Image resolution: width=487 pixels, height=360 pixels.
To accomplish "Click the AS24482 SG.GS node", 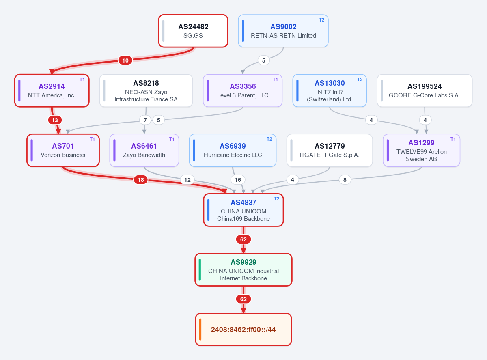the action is point(193,31).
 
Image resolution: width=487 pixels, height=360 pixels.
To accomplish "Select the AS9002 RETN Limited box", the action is point(283,31).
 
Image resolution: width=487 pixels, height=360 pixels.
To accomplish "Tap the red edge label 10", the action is point(125,60).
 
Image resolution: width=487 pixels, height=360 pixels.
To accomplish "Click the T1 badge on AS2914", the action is point(82,80).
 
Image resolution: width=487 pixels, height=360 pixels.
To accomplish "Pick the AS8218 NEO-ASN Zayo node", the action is point(146,91).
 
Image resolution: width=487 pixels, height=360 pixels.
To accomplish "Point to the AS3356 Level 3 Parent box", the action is point(243,91).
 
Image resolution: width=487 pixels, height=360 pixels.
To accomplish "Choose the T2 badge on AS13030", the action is point(360,80).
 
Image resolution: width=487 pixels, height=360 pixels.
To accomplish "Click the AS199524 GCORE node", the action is point(425,91).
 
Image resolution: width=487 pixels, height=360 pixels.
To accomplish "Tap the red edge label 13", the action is point(55,120).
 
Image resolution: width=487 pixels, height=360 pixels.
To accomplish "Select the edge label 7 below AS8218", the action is point(145,120).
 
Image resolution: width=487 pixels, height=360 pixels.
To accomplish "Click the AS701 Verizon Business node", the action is point(63,151).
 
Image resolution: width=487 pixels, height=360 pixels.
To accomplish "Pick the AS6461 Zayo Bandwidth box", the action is point(144,151).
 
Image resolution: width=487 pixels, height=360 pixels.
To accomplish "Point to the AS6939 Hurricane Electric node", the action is point(233,151).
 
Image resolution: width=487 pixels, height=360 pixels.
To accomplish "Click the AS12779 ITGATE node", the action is point(330,151).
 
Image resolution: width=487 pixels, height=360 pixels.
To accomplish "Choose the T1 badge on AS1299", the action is point(453,139).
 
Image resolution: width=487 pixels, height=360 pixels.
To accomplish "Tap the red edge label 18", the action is point(141,180).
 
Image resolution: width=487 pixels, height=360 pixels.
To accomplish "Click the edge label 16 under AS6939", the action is point(238,180).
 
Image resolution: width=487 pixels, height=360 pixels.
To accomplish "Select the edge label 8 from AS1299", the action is point(345,180).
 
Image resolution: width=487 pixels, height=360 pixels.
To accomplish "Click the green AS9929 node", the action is point(243,270).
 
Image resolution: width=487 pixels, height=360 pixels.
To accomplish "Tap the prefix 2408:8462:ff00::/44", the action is point(243,330).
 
